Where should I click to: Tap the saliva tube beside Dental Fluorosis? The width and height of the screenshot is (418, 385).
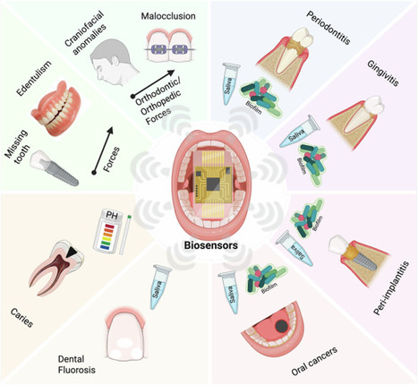[163, 284]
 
